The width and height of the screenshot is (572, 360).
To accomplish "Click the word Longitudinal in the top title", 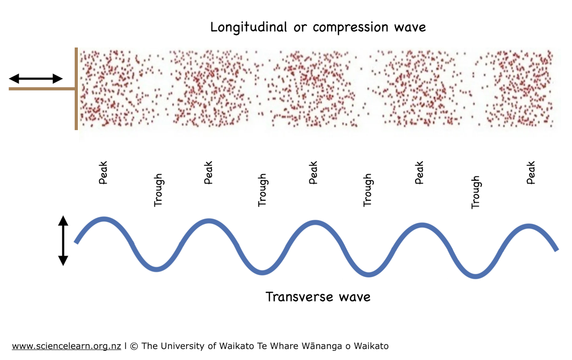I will pos(249,27).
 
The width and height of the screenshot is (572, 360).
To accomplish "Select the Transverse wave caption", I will pos(318,297).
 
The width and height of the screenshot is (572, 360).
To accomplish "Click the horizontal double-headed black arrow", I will pos(36,79).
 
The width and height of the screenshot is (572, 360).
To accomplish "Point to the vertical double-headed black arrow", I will pos(63,240).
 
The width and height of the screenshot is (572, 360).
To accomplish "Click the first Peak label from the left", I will pos(103,173).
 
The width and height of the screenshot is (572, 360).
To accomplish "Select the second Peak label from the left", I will pos(208,173).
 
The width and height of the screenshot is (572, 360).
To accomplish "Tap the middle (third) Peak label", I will pos(313,173).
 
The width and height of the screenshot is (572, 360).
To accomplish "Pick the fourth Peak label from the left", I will pos(419,173).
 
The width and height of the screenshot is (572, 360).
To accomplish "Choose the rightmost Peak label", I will pos(531,173).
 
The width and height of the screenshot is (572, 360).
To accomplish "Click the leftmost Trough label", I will pos(158,190).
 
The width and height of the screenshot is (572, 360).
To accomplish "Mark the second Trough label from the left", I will pos(262,190).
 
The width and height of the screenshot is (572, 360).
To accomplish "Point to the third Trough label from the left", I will pos(367,190).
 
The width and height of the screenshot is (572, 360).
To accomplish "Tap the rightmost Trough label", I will pos(475,192).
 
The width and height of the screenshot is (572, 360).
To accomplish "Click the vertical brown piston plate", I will pos(76,89).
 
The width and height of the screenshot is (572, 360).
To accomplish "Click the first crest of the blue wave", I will pos(103,219).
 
